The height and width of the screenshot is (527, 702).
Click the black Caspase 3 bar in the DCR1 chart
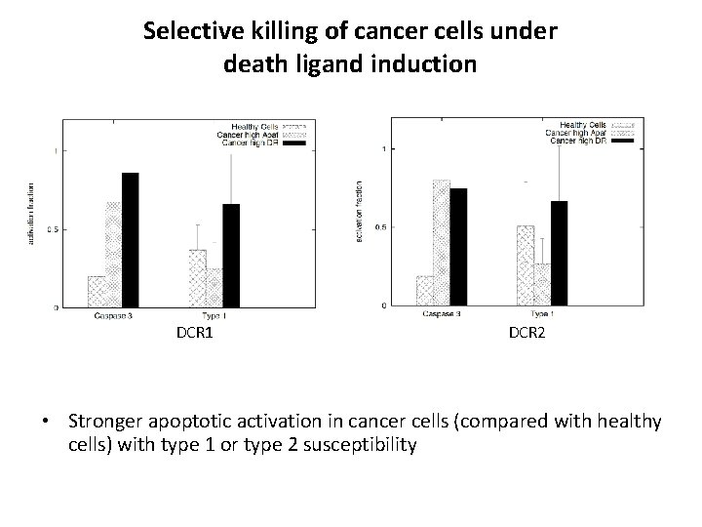tap(130, 240)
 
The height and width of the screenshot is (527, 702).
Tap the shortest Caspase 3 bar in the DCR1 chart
tap(97, 292)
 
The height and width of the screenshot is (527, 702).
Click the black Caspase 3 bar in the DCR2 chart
tap(458, 246)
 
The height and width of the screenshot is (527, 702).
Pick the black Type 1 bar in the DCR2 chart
tap(559, 254)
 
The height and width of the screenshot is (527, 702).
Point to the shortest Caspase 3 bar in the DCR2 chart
tap(425, 291)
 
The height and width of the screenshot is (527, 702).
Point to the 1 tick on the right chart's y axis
tap(385, 148)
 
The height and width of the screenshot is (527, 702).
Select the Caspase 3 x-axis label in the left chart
tap(115, 316)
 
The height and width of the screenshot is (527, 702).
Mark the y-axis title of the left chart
tap(29, 213)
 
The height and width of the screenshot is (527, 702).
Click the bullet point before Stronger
tap(46, 422)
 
